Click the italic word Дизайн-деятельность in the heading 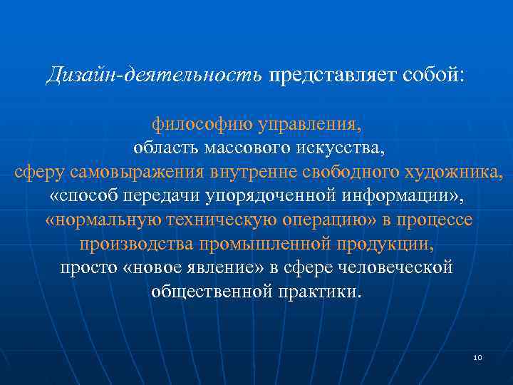point(155,75)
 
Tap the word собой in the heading point(429,75)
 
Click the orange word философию point(201,125)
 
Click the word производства point(140,245)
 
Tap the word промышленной point(266,245)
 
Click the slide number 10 point(477,357)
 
